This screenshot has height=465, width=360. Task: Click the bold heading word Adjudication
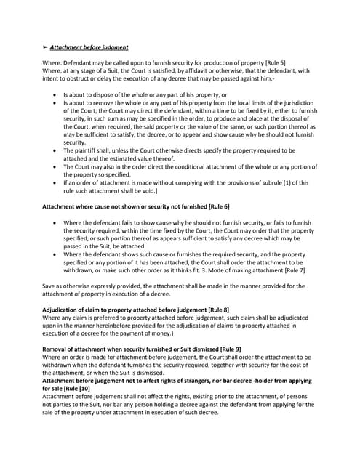63,310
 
